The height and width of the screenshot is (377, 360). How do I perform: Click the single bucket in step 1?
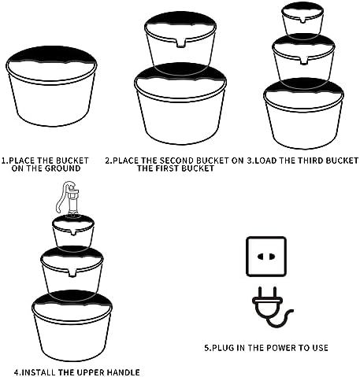[x=51, y=87]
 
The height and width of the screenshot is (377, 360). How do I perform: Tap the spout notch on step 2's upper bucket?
[x=180, y=43]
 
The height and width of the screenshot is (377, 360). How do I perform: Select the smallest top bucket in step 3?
[x=302, y=18]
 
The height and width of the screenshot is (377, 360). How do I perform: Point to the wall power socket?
[x=266, y=257]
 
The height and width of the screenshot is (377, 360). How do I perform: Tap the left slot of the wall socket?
[x=261, y=257]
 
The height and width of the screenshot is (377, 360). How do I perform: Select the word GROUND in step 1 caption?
[x=62, y=168]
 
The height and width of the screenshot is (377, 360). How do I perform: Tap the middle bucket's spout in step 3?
[x=303, y=61]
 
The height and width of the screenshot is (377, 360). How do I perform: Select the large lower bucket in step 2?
[x=180, y=104]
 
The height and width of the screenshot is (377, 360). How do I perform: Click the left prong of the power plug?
[x=261, y=293]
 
